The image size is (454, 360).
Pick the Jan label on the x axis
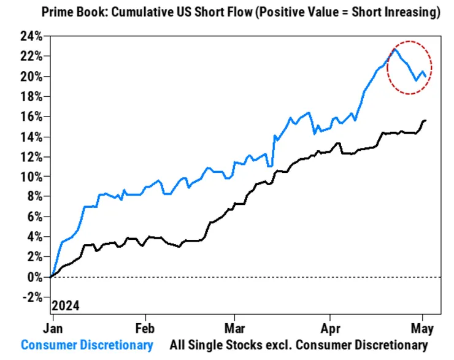(52, 328)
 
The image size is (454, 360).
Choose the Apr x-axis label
(331, 328)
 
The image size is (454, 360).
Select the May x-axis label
(424, 328)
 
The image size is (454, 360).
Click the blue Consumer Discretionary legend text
(87, 345)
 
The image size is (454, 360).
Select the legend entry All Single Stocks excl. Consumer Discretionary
(298, 345)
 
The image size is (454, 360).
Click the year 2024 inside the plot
(66, 305)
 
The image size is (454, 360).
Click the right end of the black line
(426, 120)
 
